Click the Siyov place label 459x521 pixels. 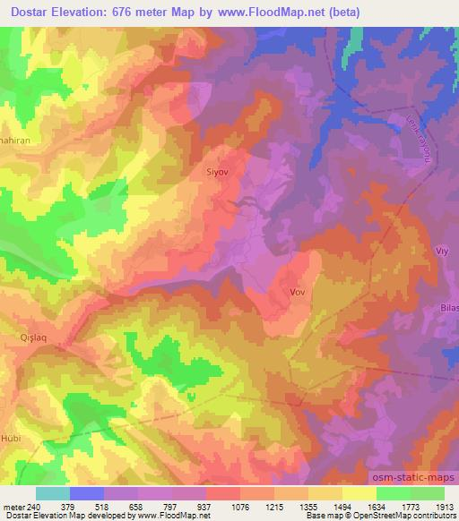coord(219,167)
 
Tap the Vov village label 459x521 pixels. coord(299,292)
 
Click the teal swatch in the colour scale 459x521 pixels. coord(53,493)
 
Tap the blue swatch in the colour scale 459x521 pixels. coord(87,493)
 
